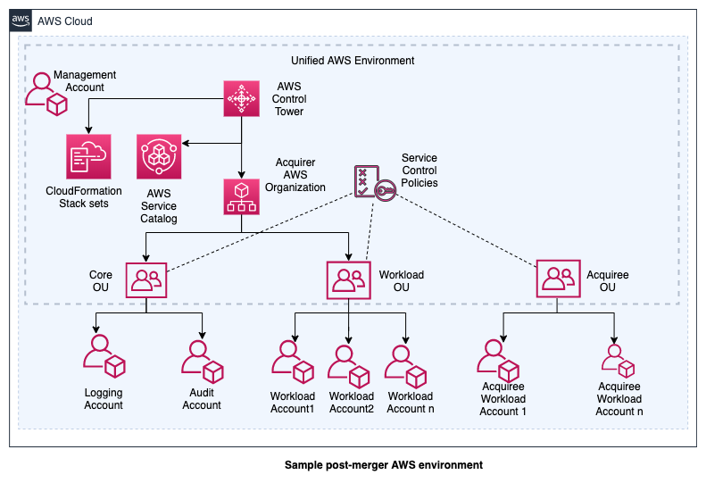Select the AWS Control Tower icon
pyautogui.click(x=240, y=98)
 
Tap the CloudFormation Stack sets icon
pyautogui.click(x=87, y=156)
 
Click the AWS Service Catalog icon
pyautogui.click(x=159, y=156)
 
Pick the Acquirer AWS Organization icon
pyautogui.click(x=240, y=196)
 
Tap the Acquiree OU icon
pyautogui.click(x=558, y=279)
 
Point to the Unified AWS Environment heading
pyautogui.click(x=353, y=60)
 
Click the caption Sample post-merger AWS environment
pyautogui.click(x=383, y=465)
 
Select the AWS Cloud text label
pyautogui.click(x=64, y=21)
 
